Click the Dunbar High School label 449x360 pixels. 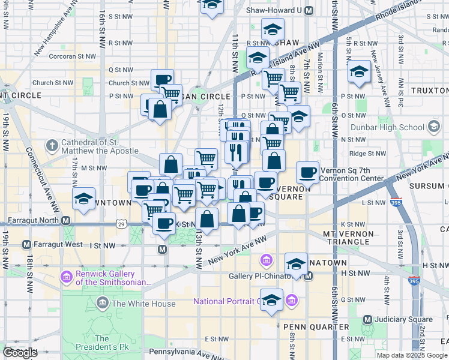(x=394, y=127)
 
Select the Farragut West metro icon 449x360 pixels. (x=26, y=245)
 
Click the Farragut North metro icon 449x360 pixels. (x=67, y=220)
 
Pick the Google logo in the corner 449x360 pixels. (x=20, y=353)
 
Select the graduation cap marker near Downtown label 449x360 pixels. (x=83, y=199)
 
